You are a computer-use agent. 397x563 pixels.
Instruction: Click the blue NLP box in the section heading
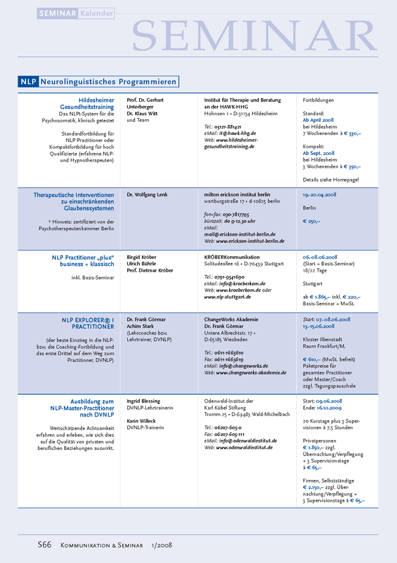click(x=28, y=81)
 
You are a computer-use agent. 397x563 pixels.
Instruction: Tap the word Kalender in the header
click(x=96, y=13)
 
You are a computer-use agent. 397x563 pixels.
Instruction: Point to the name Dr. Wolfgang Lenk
click(x=146, y=195)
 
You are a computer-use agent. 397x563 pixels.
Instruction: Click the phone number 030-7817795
click(x=235, y=214)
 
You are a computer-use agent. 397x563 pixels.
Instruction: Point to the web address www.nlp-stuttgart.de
click(x=227, y=297)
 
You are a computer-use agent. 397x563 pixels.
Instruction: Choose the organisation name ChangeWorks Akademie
click(x=231, y=319)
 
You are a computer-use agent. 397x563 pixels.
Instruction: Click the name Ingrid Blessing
click(x=144, y=401)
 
